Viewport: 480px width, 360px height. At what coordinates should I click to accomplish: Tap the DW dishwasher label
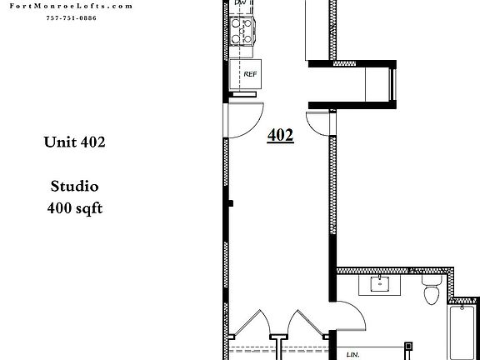(x=241, y=4)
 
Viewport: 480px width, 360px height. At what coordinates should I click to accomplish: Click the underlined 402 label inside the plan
(x=280, y=135)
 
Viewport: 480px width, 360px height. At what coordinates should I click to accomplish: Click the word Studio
(x=74, y=187)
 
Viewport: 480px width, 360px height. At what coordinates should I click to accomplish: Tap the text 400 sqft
(x=74, y=208)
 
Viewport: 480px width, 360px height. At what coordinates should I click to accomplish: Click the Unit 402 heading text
(x=74, y=142)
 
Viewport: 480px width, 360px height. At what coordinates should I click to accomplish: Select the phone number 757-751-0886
(x=72, y=17)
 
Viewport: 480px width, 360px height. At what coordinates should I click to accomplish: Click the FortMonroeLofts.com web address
(x=72, y=5)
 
